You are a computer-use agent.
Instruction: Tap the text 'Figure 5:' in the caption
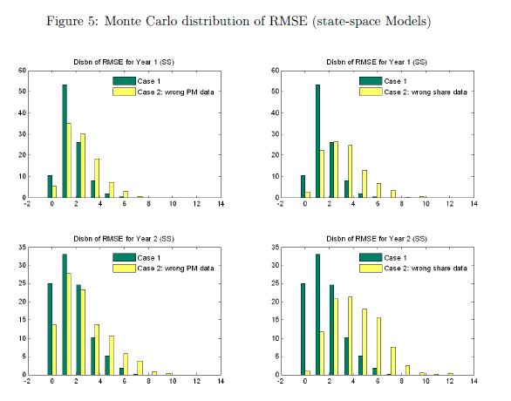click(72, 22)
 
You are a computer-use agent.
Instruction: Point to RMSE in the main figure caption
click(288, 22)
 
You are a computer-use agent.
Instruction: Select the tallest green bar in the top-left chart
click(65, 141)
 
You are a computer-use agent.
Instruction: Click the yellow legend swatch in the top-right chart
click(371, 92)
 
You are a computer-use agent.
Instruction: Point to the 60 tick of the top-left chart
click(22, 71)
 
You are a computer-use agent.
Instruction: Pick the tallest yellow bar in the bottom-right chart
click(350, 336)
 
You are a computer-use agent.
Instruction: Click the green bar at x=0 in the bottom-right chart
click(303, 329)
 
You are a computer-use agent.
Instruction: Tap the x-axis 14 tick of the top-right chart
click(474, 204)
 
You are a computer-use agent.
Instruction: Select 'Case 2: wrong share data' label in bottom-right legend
click(426, 268)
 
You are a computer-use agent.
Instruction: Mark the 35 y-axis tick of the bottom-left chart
click(22, 248)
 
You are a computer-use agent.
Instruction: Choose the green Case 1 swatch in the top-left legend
click(124, 81)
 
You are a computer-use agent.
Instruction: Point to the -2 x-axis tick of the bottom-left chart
click(27, 381)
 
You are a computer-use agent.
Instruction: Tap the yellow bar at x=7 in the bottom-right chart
click(393, 361)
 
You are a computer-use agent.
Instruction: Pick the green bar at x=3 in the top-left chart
click(93, 189)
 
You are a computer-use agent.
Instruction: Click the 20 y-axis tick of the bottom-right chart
click(276, 302)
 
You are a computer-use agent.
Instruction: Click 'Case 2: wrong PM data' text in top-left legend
click(175, 92)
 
